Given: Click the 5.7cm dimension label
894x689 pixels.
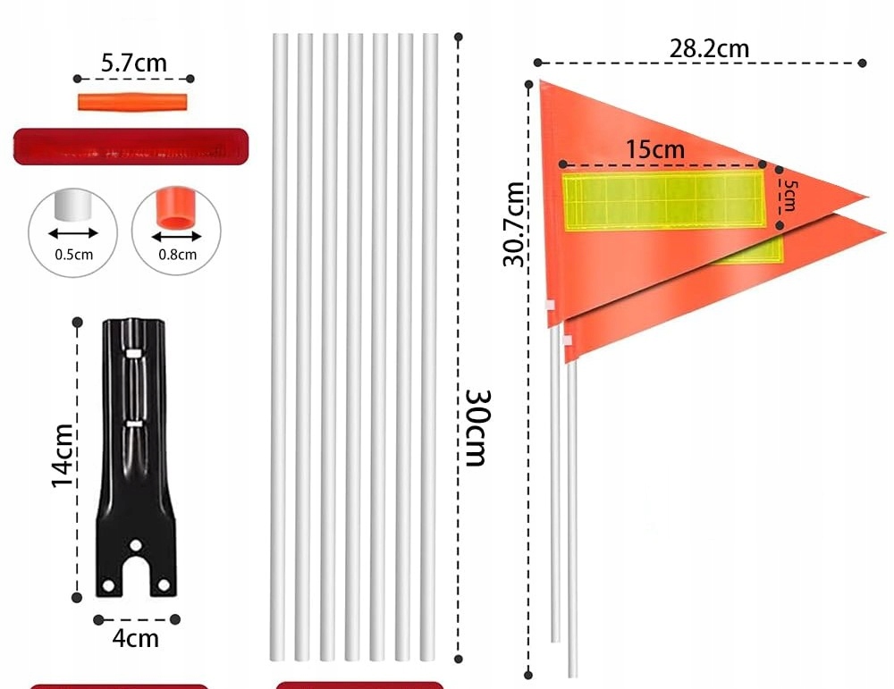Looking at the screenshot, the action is click(133, 63).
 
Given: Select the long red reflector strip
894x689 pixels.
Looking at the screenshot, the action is click(131, 146).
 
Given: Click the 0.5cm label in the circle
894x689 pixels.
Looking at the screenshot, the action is click(73, 254).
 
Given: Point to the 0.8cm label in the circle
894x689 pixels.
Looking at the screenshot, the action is click(177, 254).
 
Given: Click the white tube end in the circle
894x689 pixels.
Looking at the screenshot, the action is click(72, 207).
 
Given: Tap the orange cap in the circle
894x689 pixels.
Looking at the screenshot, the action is click(176, 209).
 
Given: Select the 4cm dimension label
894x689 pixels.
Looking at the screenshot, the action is click(136, 638).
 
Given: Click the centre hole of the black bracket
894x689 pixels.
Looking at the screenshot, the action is click(136, 544).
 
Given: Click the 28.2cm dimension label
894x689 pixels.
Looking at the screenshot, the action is click(709, 48).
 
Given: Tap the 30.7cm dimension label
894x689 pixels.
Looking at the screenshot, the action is click(514, 223).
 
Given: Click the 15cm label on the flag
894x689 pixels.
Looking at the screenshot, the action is click(655, 148).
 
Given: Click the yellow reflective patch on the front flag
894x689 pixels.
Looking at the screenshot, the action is click(663, 199).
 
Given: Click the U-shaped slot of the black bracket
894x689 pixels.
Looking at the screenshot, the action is click(136, 577).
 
